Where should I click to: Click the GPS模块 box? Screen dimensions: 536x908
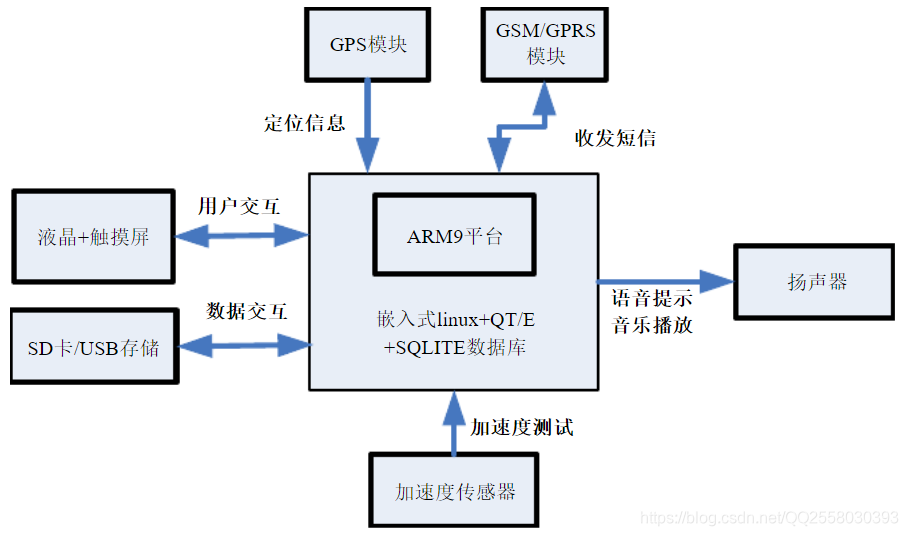(x=368, y=45)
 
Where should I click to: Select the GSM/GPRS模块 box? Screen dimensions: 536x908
(x=545, y=44)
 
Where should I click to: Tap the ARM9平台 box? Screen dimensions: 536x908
(x=454, y=236)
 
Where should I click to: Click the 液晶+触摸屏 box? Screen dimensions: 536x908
(x=92, y=237)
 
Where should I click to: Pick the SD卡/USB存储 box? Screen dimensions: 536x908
(x=92, y=348)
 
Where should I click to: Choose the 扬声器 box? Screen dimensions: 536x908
(x=816, y=282)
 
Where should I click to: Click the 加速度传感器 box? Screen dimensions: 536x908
(x=455, y=491)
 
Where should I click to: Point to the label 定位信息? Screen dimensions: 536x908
(x=305, y=123)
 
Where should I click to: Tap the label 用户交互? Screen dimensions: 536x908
(x=239, y=207)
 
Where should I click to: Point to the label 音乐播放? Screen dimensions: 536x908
(x=652, y=325)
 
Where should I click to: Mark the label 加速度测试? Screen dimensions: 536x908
(x=522, y=427)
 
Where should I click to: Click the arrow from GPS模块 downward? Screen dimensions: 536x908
(x=368, y=125)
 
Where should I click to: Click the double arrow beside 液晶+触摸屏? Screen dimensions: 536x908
(x=242, y=236)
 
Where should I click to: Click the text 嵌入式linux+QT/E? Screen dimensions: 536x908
(x=455, y=320)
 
